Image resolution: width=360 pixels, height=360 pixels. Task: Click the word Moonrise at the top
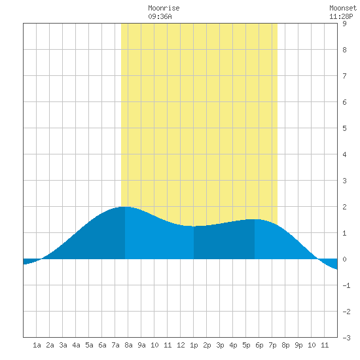164,8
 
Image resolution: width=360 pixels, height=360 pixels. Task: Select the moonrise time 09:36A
160,16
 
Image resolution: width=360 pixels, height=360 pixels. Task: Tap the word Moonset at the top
343,8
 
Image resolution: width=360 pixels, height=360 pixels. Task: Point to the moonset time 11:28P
341,16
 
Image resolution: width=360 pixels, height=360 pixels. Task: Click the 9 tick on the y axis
344,24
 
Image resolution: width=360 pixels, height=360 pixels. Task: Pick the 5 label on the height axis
344,128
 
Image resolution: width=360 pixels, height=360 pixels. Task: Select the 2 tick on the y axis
344,207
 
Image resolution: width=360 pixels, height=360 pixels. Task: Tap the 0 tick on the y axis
344,259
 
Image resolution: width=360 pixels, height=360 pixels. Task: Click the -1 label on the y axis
346,285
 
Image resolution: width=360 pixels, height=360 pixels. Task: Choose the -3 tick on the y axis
346,338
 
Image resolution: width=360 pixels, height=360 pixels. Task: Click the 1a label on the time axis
37,345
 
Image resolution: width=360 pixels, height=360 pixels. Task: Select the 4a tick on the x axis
76,345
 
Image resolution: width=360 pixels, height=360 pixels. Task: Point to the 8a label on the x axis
128,345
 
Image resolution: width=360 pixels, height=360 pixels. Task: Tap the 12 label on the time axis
181,345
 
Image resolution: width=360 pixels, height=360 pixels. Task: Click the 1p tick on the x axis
194,345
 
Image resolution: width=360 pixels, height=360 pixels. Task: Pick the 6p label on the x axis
259,345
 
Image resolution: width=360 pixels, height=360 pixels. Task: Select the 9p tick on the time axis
298,345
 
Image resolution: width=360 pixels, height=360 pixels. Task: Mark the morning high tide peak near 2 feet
125,207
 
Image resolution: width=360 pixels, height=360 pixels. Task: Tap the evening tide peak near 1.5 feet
255,219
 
